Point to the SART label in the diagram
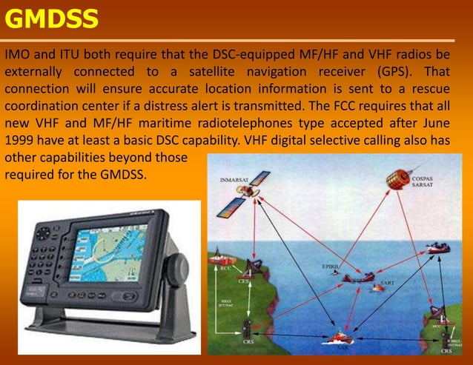point(387,284)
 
